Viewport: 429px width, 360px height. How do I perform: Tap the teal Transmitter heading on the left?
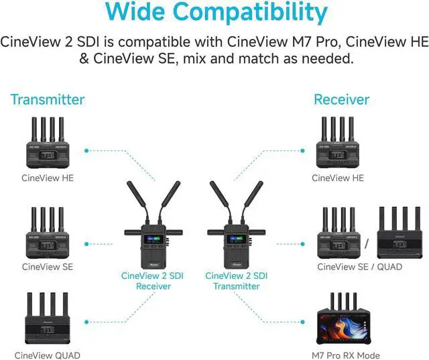[x=47, y=100]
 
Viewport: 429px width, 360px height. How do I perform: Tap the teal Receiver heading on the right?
[x=341, y=100]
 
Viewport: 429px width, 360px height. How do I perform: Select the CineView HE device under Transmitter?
[x=47, y=143]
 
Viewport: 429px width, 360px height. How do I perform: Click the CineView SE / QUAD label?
[x=359, y=267]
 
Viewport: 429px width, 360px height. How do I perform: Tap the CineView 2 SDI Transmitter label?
[x=236, y=281]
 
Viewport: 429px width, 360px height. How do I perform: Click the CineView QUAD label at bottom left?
[x=47, y=355]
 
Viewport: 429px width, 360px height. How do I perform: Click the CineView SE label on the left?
[x=47, y=267]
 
